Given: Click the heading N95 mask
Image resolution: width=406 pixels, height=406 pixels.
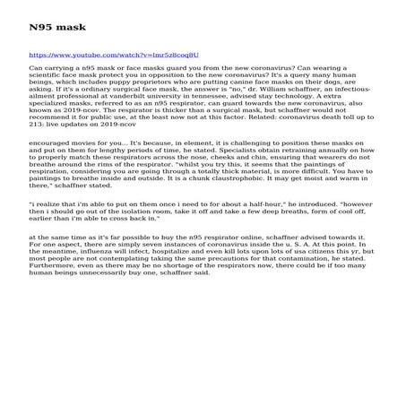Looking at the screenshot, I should point(51,28).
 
